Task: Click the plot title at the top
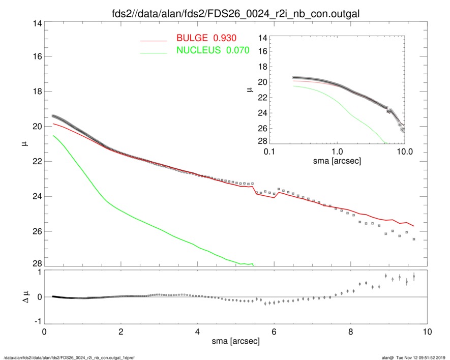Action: [235, 14]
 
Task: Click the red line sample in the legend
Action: [153, 40]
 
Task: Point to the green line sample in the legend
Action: [153, 52]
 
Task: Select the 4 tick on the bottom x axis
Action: [197, 332]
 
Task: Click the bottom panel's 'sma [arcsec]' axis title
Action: [235, 342]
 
